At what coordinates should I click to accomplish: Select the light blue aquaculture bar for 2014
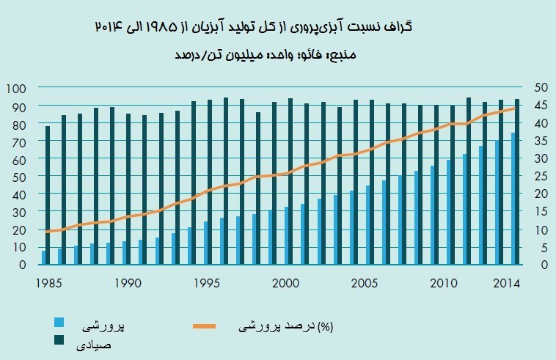513,199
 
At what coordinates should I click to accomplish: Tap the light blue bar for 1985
44,257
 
